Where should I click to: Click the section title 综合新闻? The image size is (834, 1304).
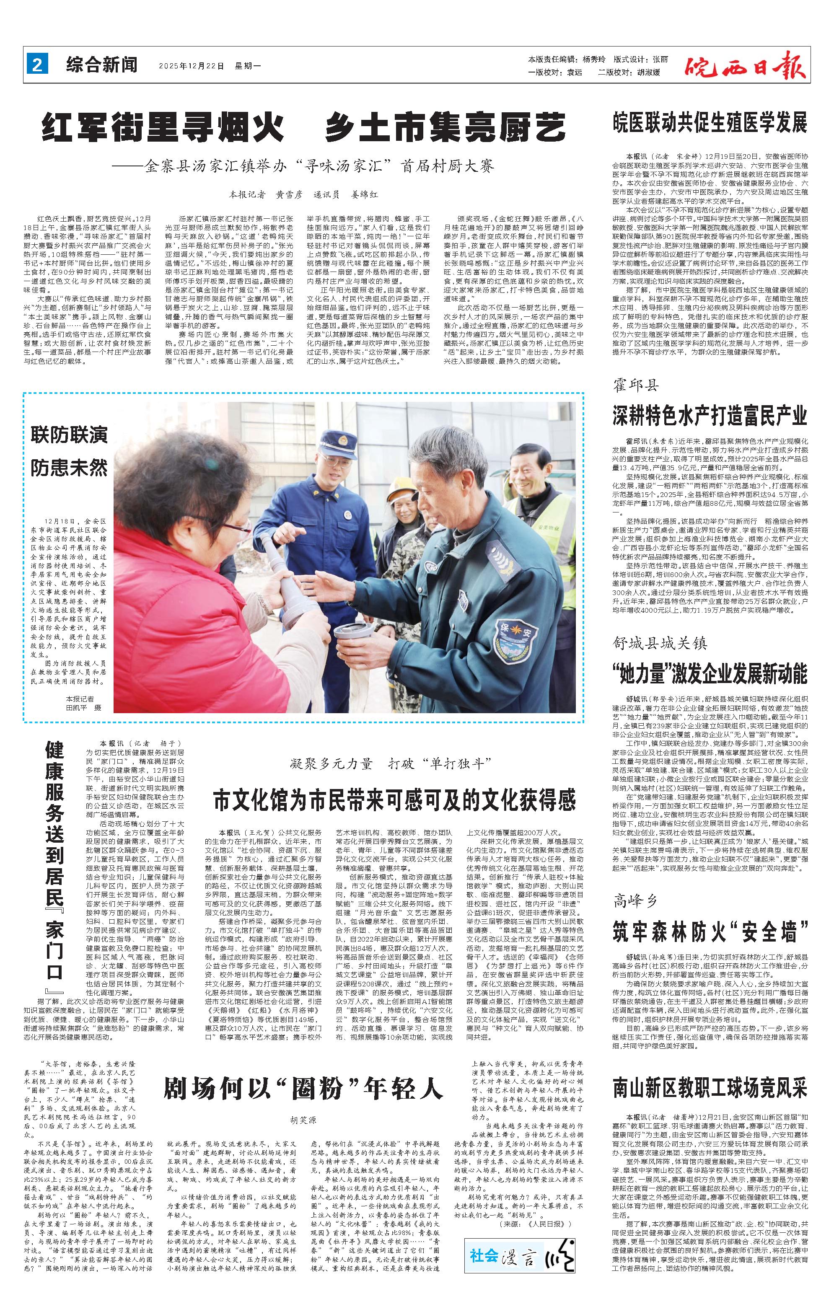102,65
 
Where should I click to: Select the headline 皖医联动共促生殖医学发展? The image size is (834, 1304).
710,123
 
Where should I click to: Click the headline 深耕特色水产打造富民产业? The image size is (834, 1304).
710,415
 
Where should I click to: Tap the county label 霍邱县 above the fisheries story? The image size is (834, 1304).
636,386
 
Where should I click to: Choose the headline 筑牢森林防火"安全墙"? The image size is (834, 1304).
710,930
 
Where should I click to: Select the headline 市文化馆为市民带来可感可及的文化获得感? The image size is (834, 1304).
394,800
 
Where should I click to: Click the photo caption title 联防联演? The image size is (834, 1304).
69,435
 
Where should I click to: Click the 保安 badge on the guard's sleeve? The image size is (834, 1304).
512,632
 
